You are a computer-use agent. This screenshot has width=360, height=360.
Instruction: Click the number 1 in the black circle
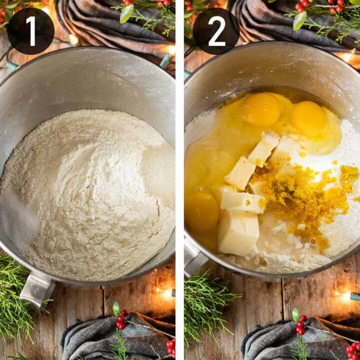tap(31, 31)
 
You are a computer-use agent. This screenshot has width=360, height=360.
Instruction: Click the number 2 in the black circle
tap(216, 31)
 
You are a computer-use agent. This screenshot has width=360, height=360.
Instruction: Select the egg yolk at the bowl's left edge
tap(201, 210)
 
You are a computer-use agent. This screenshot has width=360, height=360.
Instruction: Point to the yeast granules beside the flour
tap(158, 174)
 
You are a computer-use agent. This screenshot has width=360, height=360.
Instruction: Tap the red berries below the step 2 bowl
tap(301, 325)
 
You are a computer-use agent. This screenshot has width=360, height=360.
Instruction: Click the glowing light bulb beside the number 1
tap(73, 39)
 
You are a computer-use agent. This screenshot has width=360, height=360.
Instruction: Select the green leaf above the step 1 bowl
tap(126, 13)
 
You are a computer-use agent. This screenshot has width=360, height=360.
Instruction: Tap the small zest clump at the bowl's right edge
tap(349, 174)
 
